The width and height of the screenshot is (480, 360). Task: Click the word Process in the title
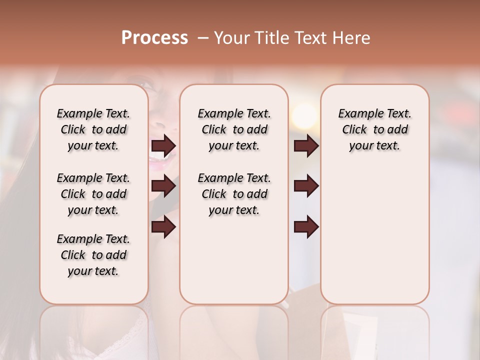(x=154, y=38)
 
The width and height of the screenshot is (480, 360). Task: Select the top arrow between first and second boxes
(x=163, y=146)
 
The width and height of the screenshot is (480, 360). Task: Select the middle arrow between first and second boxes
(x=163, y=186)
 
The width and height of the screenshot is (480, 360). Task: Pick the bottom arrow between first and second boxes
(x=163, y=227)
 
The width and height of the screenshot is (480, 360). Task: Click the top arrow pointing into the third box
(x=306, y=146)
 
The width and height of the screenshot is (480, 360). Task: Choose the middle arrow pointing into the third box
(x=306, y=186)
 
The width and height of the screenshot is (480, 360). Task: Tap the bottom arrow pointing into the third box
(x=306, y=227)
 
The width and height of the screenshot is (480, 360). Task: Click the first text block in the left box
(x=93, y=129)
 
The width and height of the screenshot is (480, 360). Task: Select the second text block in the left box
(x=93, y=194)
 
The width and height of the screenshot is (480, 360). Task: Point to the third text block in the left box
(x=93, y=255)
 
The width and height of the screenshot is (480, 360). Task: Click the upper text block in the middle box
(x=234, y=129)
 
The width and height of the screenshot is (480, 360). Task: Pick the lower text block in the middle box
(x=234, y=194)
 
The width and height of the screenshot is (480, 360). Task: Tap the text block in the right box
(x=374, y=129)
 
